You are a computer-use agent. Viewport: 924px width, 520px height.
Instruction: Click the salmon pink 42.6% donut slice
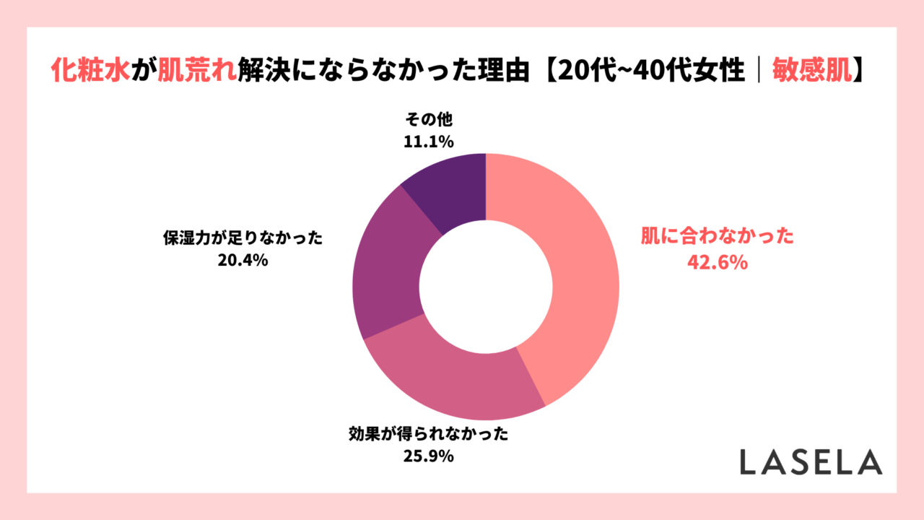pyautogui.click(x=577, y=274)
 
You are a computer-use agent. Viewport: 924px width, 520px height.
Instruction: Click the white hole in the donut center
pyautogui.click(x=486, y=287)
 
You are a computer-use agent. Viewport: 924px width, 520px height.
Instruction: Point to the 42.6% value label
pyautogui.click(x=716, y=263)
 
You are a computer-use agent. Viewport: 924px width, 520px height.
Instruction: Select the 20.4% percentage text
pyautogui.click(x=243, y=261)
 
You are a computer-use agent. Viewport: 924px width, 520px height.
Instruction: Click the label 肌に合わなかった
pyautogui.click(x=718, y=237)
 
